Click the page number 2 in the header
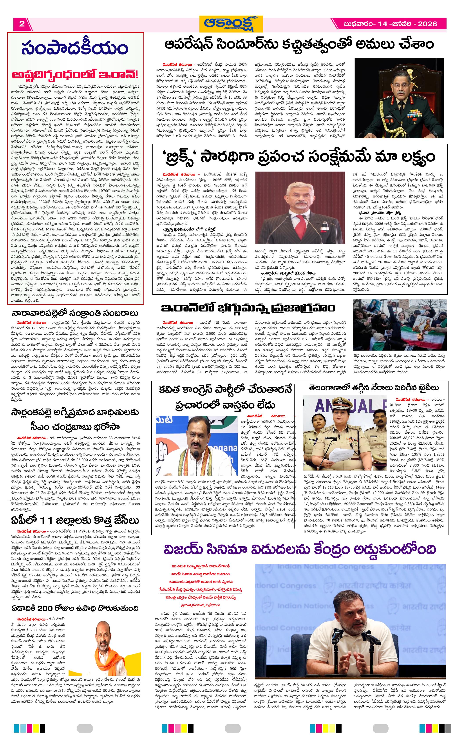(22, 24)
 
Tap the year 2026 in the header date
(427, 24)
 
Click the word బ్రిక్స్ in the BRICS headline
(183, 157)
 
